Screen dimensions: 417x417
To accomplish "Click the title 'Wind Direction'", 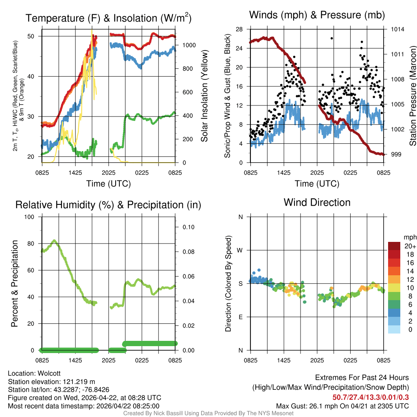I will coord(317,202).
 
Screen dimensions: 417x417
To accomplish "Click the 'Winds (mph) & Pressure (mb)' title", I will coord(317,15).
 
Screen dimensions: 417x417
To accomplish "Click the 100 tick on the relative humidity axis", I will coord(32,217).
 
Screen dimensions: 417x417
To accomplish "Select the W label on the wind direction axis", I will coord(240,250).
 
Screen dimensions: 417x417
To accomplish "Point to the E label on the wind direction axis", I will coord(241,317).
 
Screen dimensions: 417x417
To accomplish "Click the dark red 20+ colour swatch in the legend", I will coord(394,246).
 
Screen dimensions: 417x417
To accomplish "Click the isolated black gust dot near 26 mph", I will coord(332,38).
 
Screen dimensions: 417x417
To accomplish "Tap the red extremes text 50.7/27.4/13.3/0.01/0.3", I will coord(371,397).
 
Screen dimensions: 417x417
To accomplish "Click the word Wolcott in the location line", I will coord(48,373).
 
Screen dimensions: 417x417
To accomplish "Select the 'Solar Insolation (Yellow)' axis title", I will coord(204,96).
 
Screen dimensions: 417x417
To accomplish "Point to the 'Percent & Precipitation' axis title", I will coord(14,283).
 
